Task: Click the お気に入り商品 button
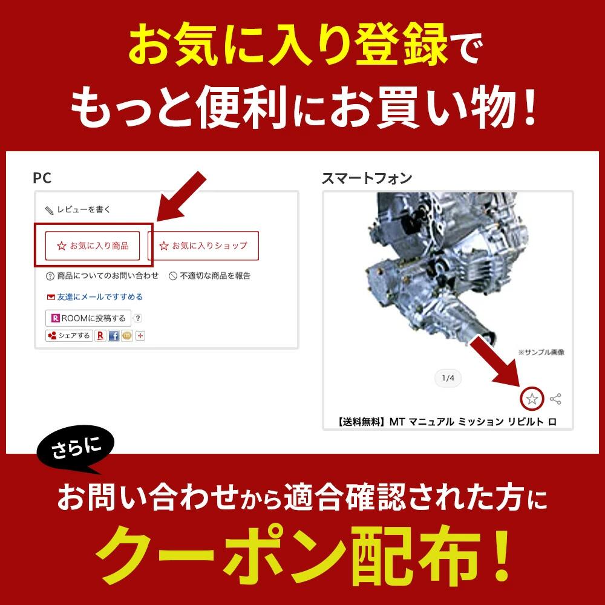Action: (93, 246)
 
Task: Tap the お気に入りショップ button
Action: (203, 246)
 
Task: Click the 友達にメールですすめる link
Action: (94, 297)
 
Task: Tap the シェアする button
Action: (69, 336)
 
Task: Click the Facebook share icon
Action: (114, 336)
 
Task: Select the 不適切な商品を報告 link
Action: (209, 276)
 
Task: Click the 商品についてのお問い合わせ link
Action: (102, 276)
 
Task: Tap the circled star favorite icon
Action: (532, 399)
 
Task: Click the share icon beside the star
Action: (556, 399)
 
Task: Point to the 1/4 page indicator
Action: (448, 379)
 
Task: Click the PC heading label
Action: (42, 178)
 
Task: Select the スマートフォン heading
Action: (367, 178)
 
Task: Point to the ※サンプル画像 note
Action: (541, 352)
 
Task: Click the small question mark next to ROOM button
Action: (138, 318)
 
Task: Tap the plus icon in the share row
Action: (140, 336)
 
